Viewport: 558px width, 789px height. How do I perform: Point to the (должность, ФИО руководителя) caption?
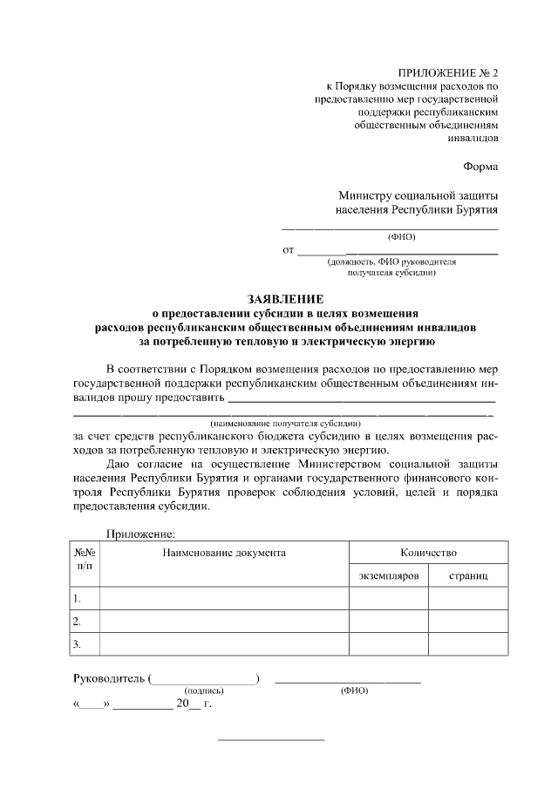pos(391,261)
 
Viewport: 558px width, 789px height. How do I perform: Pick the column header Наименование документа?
pos(224,553)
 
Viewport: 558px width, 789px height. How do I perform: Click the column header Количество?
pos(428,553)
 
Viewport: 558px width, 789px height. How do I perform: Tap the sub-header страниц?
pos(468,576)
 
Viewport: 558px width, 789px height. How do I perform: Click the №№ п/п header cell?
pos(85,559)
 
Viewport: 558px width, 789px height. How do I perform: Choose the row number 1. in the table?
pos(78,598)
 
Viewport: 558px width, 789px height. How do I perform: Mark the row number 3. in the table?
pos(78,644)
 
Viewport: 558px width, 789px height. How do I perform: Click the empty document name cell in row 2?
pos(224,621)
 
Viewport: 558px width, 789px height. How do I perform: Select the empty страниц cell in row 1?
pos(468,598)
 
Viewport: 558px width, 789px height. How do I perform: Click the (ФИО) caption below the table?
pos(354,690)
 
